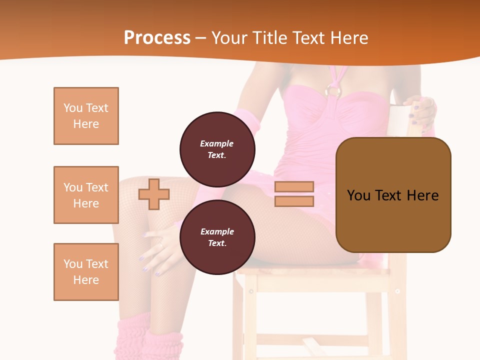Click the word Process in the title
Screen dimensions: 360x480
point(157,38)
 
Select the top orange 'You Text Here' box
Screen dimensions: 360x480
point(86,116)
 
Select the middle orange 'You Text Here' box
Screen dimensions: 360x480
point(86,195)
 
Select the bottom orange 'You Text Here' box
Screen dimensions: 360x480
point(86,272)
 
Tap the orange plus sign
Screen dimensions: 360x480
point(153,194)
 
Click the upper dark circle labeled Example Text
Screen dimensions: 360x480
point(217,149)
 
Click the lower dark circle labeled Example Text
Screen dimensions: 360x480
point(217,237)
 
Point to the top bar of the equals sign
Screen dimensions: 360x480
point(294,186)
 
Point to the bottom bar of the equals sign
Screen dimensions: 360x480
point(294,201)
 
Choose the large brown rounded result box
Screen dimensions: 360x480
point(393,195)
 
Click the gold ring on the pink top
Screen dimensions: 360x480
point(333,91)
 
